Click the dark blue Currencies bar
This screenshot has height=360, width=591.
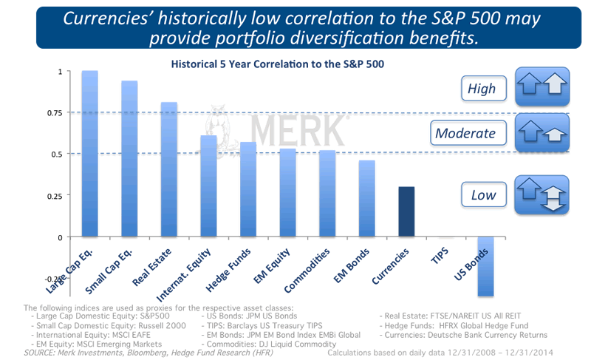pyautogui.click(x=406, y=211)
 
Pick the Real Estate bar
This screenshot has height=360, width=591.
pyautogui.click(x=169, y=169)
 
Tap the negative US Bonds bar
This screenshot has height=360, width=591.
pyautogui.click(x=485, y=266)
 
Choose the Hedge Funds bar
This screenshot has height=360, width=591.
pyautogui.click(x=248, y=189)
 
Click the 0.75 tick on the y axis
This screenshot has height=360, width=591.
pyautogui.click(x=55, y=112)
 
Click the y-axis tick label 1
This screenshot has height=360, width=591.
pyautogui.click(x=60, y=72)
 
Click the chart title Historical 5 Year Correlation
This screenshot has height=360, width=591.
pyautogui.click(x=278, y=64)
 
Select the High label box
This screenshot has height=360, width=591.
pyautogui.click(x=482, y=89)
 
